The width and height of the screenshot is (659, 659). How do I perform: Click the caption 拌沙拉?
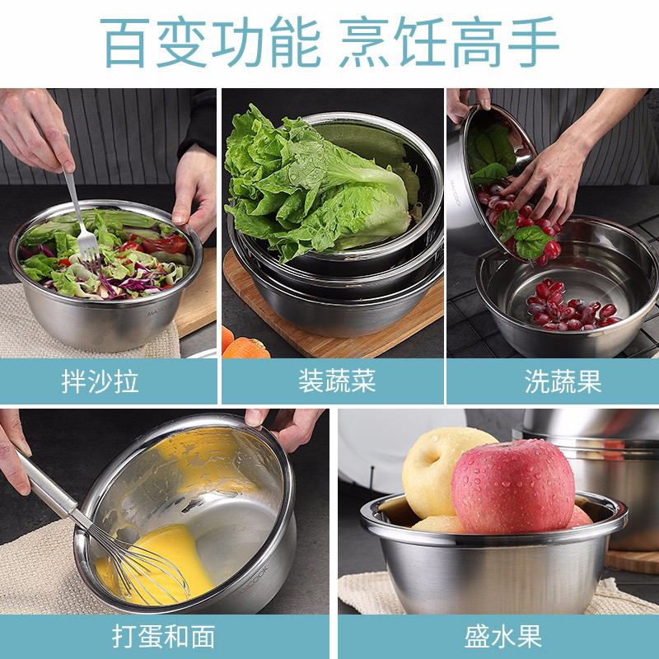click(x=100, y=381)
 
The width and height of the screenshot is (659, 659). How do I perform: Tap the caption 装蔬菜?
click(x=337, y=381)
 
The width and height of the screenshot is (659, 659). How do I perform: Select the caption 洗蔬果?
click(x=563, y=381)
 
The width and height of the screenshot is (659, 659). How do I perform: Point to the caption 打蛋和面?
click(x=163, y=636)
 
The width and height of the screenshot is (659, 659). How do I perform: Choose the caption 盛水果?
click(x=503, y=636)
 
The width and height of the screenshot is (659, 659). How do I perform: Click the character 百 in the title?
click(x=125, y=43)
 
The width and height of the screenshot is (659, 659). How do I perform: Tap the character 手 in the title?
click(x=534, y=42)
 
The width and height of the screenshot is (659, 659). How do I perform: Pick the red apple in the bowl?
click(x=513, y=486)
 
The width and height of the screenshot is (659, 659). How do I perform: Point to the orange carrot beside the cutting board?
click(x=245, y=348)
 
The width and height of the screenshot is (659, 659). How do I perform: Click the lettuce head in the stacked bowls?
click(x=320, y=184)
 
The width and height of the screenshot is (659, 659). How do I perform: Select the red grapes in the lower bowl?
click(x=571, y=306)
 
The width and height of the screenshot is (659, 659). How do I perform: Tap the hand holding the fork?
click(x=35, y=130)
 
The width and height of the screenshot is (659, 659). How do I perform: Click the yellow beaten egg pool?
click(x=168, y=563)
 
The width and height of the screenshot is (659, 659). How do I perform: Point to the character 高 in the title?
click(x=476, y=42)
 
